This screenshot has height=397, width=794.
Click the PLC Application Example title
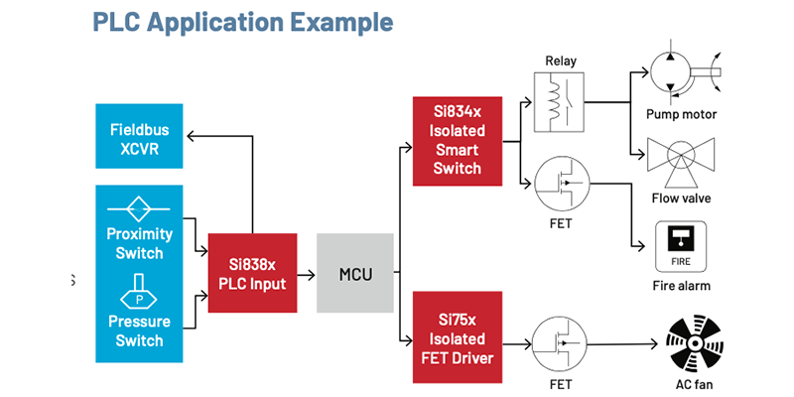tap(243, 22)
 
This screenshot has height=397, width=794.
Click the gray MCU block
tap(354, 273)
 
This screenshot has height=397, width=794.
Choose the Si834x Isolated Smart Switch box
tap(457, 142)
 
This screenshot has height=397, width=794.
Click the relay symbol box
tap(561, 101)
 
